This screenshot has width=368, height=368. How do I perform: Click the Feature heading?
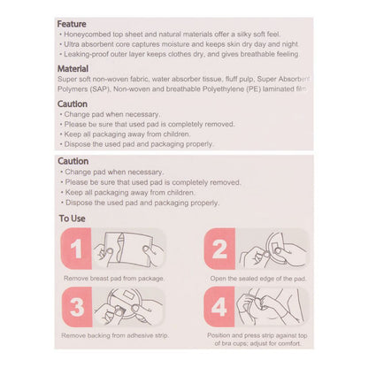coord(72,24)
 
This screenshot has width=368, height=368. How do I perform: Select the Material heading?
coord(73,69)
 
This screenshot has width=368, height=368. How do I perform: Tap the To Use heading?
coord(72,218)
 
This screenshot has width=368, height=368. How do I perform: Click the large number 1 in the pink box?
coord(76,249)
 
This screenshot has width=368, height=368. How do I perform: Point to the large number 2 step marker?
coord(219,249)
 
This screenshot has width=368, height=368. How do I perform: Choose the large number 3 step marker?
coord(77,307)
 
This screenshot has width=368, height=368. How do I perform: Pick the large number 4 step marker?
coord(219,307)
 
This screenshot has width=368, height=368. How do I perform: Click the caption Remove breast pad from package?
coord(114,279)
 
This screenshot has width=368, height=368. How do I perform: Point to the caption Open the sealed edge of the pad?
coord(258,279)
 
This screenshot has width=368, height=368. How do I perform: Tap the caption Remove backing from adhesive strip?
coord(115,335)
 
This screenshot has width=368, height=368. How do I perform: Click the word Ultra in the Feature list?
coord(72,44)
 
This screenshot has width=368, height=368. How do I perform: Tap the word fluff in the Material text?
coord(231,79)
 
